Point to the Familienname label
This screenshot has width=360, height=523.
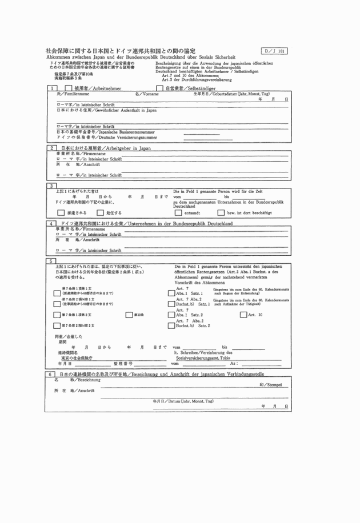(73, 94)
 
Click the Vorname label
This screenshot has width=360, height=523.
(147, 94)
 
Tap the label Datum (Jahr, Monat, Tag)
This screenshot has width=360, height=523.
(183, 401)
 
